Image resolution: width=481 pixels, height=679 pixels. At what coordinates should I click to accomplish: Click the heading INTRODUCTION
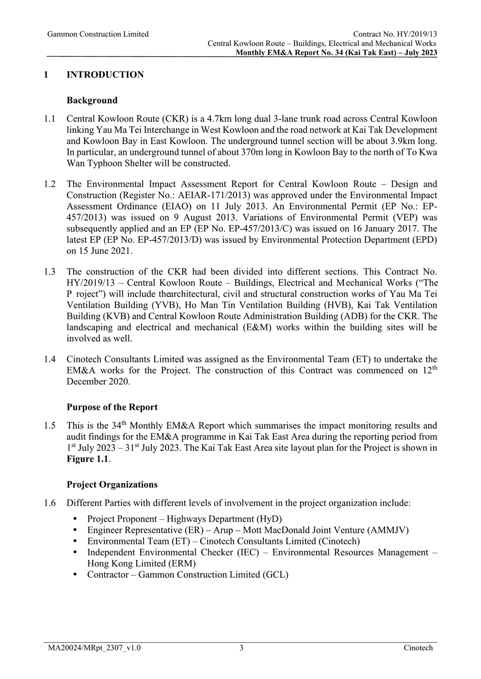pyautogui.click(x=105, y=75)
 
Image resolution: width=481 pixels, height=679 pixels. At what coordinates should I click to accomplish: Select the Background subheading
pyautogui.click(x=92, y=100)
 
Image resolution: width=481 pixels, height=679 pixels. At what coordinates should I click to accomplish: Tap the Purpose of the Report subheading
pyautogui.click(x=112, y=407)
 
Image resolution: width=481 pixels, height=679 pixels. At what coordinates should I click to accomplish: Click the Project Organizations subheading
pyautogui.click(x=112, y=484)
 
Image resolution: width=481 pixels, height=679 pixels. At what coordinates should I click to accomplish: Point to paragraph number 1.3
pyautogui.click(x=49, y=272)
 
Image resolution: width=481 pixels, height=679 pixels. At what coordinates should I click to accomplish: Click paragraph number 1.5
pyautogui.click(x=49, y=426)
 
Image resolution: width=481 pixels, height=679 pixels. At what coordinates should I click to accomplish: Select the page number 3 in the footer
pyautogui.click(x=241, y=648)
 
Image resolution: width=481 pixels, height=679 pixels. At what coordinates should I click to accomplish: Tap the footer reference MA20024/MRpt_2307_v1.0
pyautogui.click(x=94, y=648)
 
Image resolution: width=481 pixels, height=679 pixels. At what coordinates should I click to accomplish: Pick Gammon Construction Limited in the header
pyautogui.click(x=98, y=34)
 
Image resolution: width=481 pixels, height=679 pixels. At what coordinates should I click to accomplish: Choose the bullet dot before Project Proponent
pyautogui.click(x=75, y=519)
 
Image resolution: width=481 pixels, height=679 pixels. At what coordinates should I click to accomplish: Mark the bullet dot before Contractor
pyautogui.click(x=75, y=574)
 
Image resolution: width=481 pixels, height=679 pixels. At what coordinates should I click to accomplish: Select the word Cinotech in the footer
pyautogui.click(x=418, y=648)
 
